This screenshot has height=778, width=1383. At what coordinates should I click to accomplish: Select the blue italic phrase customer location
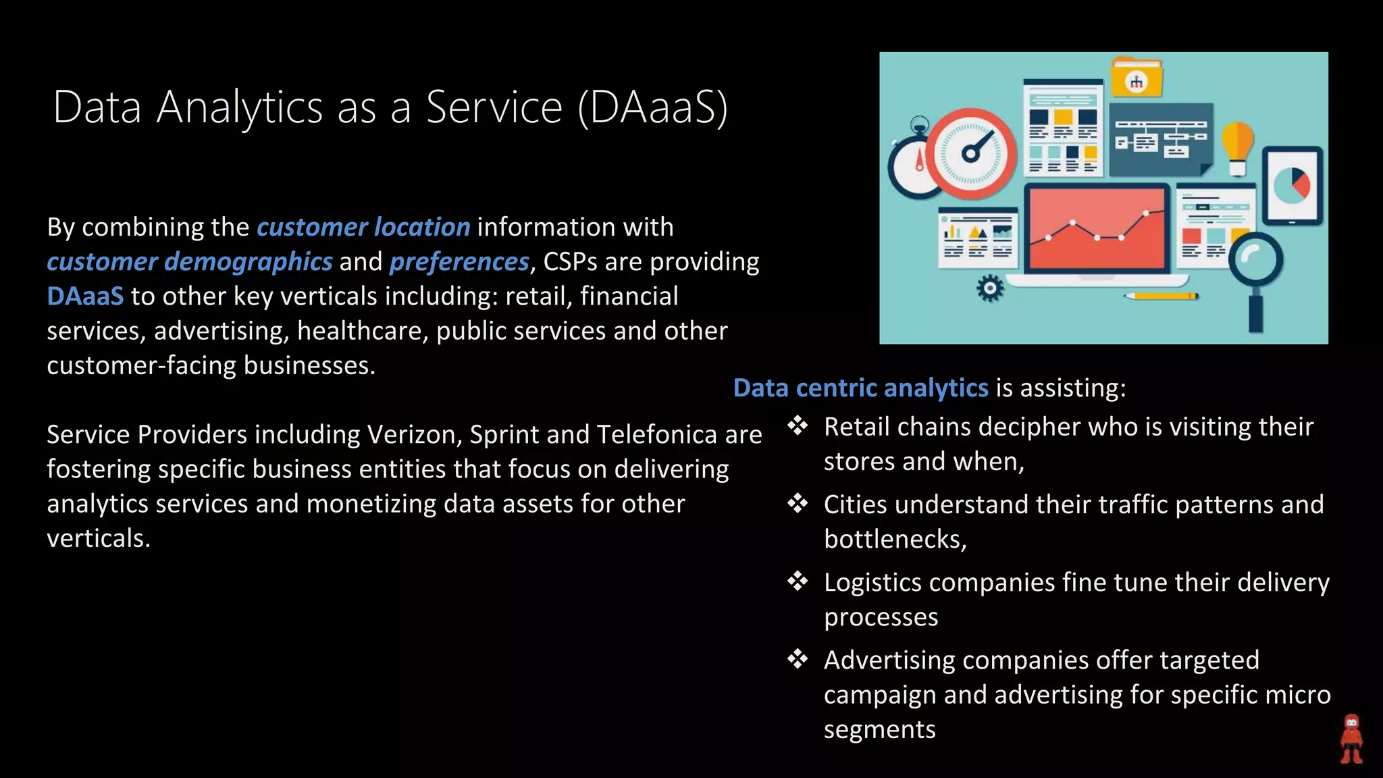tap(363, 228)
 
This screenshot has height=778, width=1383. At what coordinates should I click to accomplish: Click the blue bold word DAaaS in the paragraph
tap(85, 296)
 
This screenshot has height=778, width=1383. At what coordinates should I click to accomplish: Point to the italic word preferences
tap(459, 262)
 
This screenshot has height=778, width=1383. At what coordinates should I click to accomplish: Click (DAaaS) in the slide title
tap(653, 108)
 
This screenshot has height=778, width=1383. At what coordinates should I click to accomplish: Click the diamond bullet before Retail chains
tap(798, 426)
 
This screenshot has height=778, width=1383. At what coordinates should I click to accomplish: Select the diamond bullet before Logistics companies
tap(798, 581)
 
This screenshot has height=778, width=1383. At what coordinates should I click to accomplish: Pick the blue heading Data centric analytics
tap(860, 388)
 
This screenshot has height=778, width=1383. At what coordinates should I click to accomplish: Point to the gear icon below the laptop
tap(990, 289)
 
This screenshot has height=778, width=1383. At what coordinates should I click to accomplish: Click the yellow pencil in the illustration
tap(1161, 296)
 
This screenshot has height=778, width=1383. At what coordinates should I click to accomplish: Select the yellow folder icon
tap(1137, 78)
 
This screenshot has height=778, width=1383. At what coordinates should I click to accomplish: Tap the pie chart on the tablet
tap(1292, 184)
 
